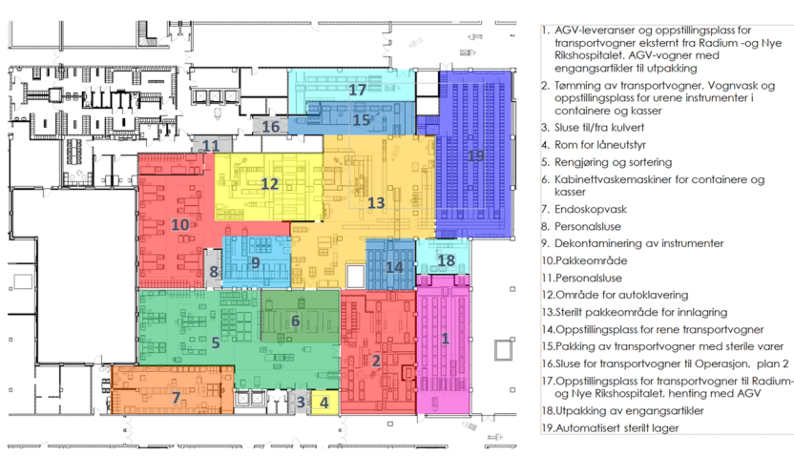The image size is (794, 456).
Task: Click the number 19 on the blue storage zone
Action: click(x=475, y=155)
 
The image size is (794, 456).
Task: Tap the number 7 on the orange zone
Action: click(x=177, y=398)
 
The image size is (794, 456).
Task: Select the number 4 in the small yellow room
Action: click(x=324, y=403)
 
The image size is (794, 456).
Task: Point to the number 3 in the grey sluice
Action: click(x=301, y=403)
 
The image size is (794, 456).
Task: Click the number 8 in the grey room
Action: click(x=214, y=272)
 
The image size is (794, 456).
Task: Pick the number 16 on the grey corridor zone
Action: click(x=270, y=127)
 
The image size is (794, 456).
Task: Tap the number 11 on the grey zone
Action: click(x=211, y=146)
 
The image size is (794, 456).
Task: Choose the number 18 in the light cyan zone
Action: click(x=446, y=260)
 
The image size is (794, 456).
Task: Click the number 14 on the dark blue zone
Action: click(x=394, y=267)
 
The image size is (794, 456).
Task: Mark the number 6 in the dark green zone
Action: click(x=295, y=321)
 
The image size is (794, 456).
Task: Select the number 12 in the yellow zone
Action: click(x=269, y=184)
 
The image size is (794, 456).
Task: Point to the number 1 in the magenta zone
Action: click(x=445, y=338)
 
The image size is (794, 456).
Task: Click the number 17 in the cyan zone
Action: click(x=357, y=90)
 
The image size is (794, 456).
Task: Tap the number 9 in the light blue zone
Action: click(x=256, y=262)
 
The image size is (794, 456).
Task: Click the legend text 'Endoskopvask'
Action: click(x=591, y=209)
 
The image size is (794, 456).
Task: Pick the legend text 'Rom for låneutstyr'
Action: click(x=600, y=145)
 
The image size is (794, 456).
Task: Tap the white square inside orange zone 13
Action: click(x=355, y=276)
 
